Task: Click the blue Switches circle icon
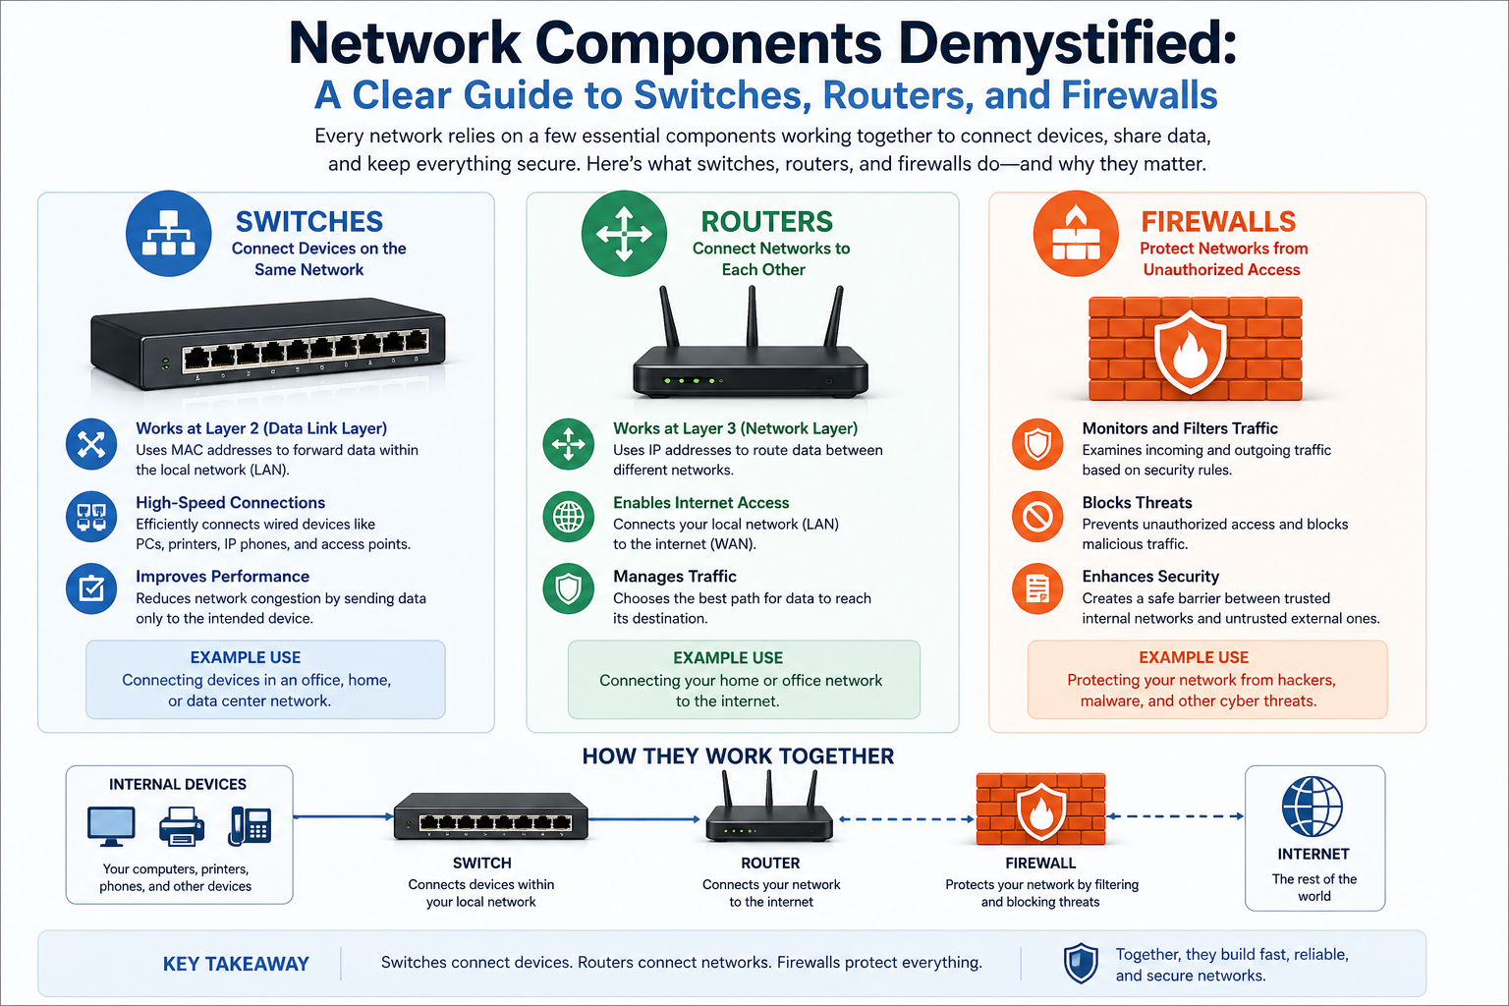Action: [x=169, y=234]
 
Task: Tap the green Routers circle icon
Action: [x=624, y=234]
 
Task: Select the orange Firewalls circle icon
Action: [x=1076, y=234]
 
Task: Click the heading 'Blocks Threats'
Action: [x=1137, y=503]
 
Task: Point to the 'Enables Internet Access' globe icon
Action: [x=569, y=516]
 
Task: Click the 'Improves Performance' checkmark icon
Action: [x=91, y=588]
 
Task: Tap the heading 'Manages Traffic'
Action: [x=675, y=577]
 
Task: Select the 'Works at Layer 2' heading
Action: [x=261, y=428]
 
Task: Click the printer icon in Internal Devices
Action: [x=182, y=826]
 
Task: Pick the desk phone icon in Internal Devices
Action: [x=250, y=826]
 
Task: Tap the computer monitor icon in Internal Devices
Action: [x=111, y=826]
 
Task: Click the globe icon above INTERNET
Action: [x=1313, y=807]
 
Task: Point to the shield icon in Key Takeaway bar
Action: [x=1081, y=964]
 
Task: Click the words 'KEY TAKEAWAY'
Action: [x=236, y=964]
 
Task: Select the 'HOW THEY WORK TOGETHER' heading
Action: [x=738, y=756]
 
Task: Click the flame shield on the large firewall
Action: [x=1190, y=352]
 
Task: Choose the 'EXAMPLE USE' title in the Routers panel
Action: [x=728, y=658]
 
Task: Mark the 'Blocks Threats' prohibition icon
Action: [x=1038, y=516]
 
